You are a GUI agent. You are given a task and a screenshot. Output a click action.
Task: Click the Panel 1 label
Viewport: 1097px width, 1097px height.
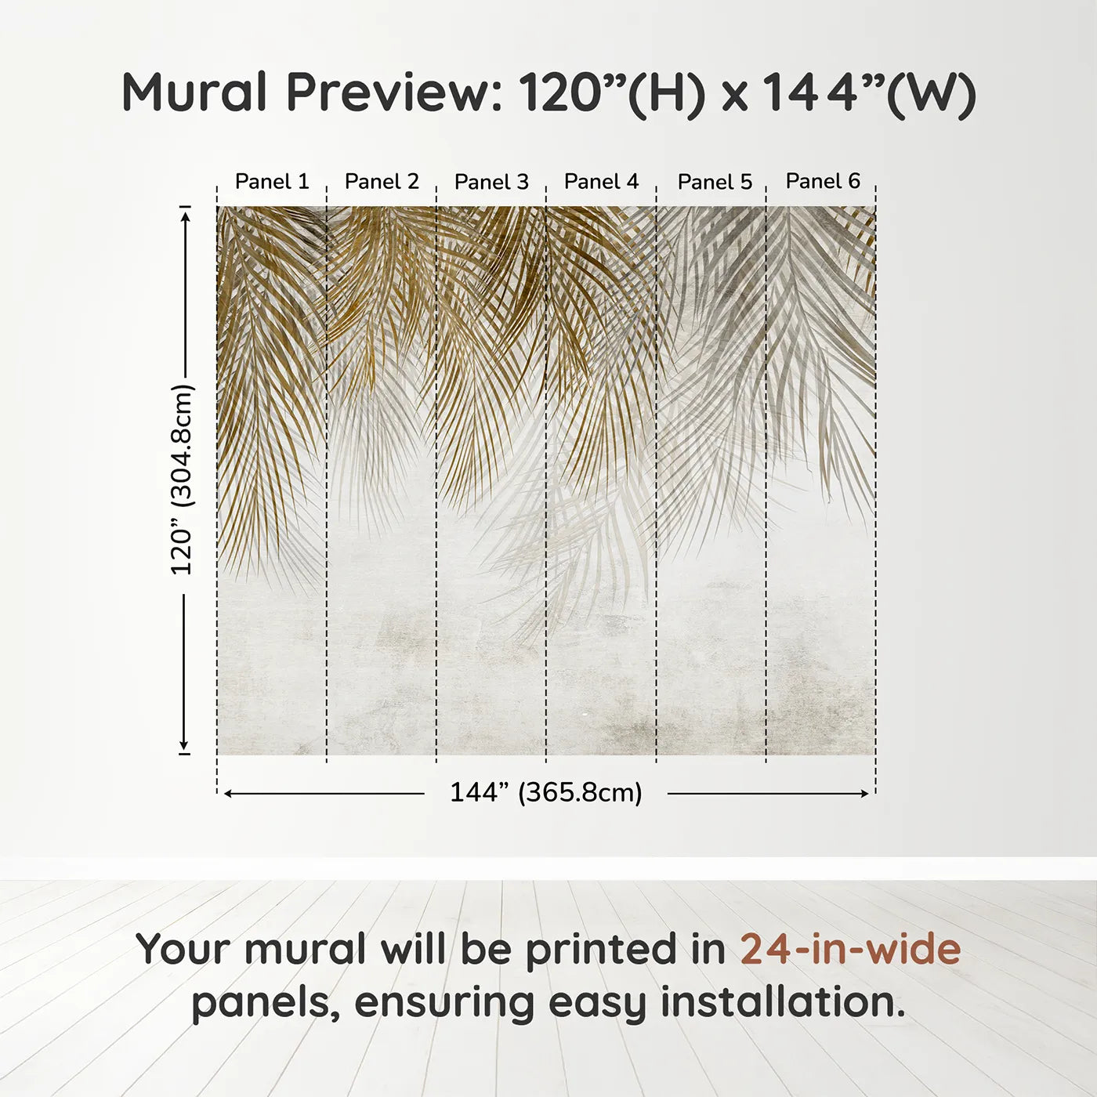coord(272,182)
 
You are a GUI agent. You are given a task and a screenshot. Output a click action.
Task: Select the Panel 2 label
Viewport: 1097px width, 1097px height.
coord(382,182)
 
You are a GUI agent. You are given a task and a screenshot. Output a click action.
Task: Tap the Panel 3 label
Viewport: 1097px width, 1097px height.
coord(491,182)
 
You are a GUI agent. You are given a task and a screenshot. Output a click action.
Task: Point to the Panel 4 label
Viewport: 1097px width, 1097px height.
coord(601,182)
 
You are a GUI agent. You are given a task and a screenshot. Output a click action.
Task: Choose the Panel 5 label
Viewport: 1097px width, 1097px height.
coord(715,182)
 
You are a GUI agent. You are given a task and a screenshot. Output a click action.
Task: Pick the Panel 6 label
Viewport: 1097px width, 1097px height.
coord(823,181)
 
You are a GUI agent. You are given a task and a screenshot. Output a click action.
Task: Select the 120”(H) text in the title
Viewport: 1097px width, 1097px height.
coord(611,93)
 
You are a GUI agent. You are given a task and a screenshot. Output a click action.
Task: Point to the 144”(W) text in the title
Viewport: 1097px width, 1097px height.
coord(870,93)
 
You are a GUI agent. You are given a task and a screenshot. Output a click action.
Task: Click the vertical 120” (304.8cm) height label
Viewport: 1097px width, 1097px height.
coord(182,480)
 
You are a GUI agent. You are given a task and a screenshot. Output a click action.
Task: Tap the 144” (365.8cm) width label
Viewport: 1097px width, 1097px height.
coord(545,793)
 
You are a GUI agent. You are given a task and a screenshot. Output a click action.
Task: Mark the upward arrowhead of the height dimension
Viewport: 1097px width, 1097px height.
coord(185,215)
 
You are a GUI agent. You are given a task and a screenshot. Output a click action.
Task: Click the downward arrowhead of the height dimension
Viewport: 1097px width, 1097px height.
coord(185,745)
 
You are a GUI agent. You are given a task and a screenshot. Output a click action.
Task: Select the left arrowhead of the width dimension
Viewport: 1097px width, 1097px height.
coord(228,794)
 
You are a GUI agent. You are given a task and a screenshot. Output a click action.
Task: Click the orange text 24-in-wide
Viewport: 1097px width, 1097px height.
coord(850,950)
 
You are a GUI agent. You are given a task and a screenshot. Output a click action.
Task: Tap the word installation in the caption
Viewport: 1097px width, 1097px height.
coord(782,1003)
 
